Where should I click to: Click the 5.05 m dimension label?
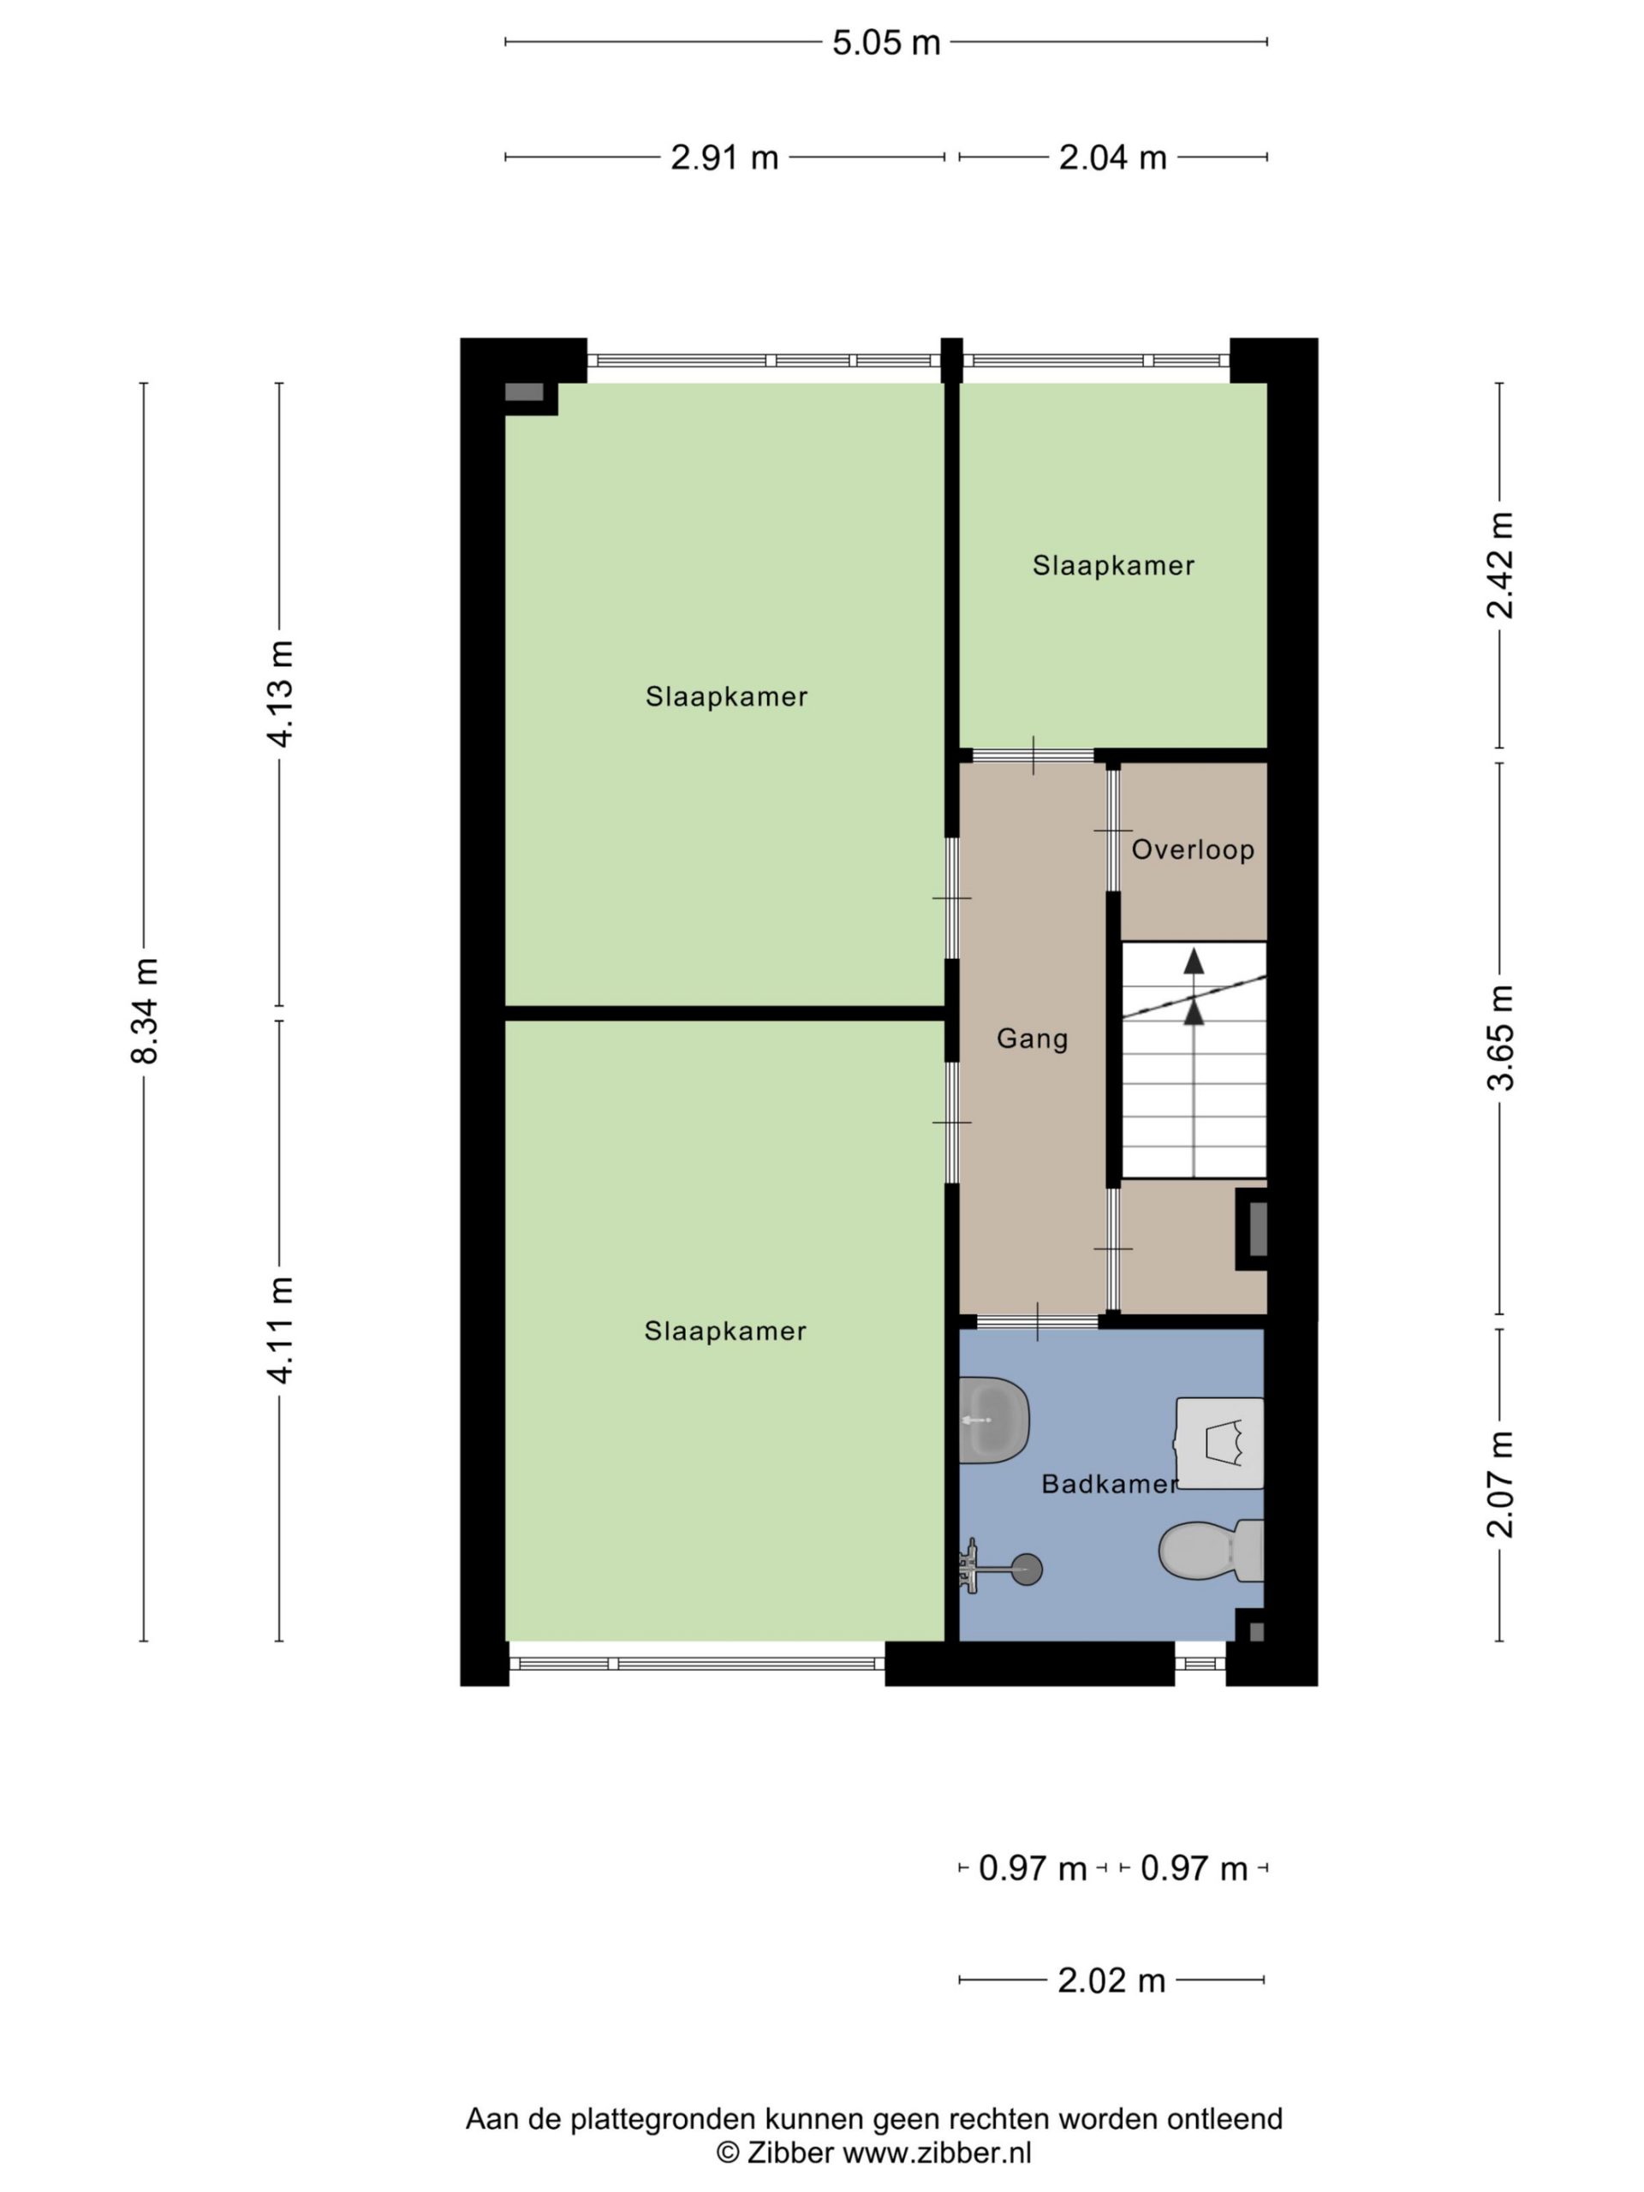coord(885,43)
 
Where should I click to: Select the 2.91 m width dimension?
coord(724,158)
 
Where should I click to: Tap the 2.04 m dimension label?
coord(1112,158)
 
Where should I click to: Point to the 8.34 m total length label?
coord(145,1010)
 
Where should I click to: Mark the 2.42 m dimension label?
coord(1500,565)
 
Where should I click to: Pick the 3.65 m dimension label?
coord(1500,1037)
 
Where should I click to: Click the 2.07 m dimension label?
coord(1500,1484)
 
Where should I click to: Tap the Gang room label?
coord(1032,1039)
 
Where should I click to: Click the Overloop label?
coord(1193,849)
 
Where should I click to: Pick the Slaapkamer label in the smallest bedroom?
coord(1113,566)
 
